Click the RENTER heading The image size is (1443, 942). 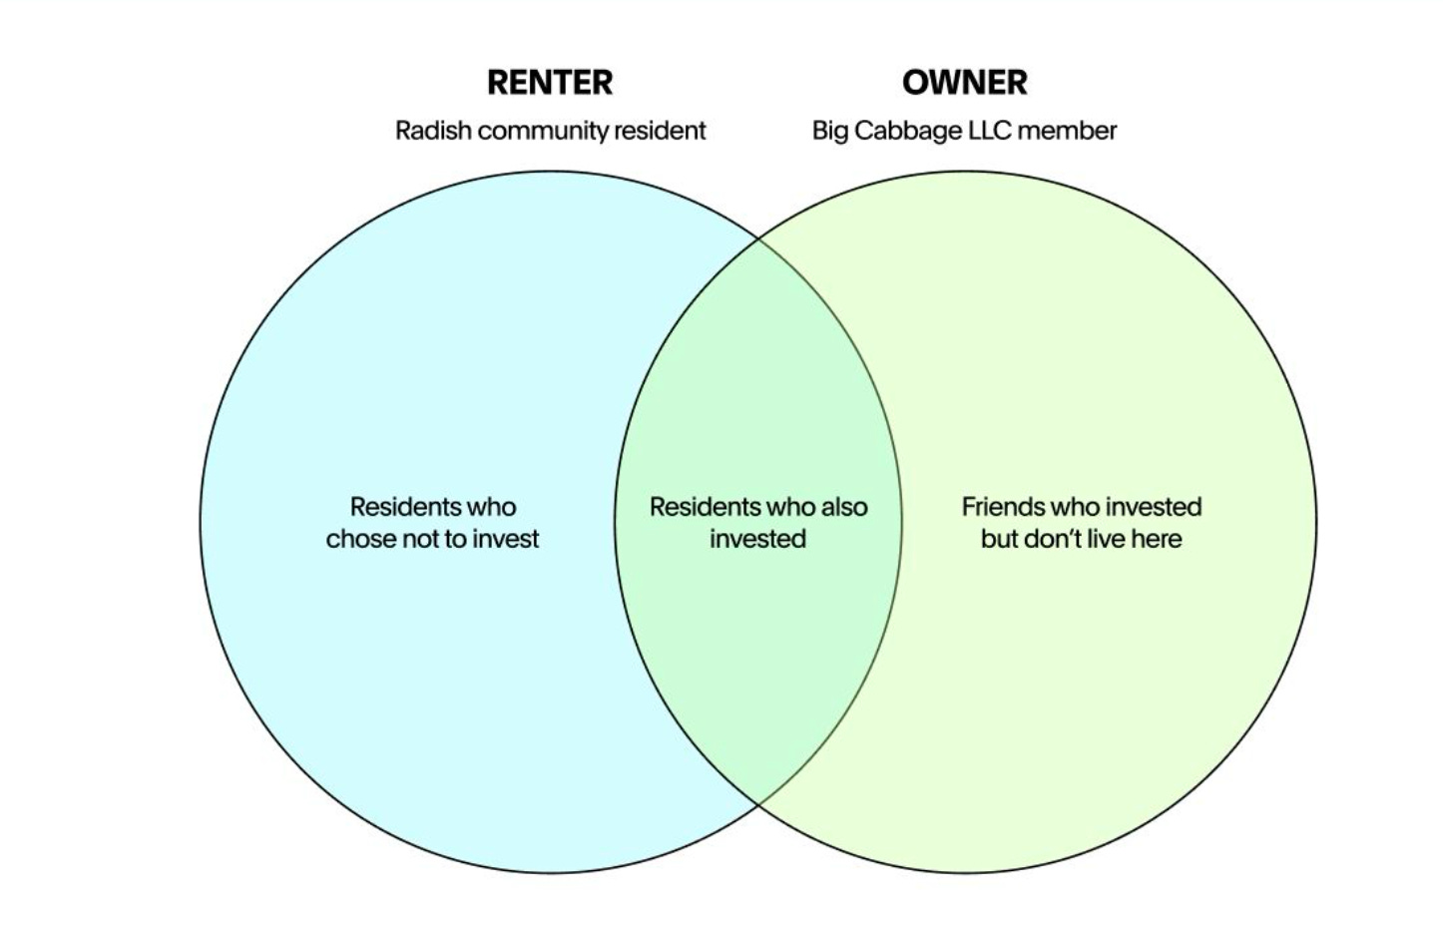(x=550, y=82)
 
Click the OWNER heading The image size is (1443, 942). (x=964, y=82)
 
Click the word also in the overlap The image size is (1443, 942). (x=843, y=507)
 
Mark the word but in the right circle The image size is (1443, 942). (x=999, y=539)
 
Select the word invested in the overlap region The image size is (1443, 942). (x=757, y=539)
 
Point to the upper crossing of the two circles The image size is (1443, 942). (x=758, y=239)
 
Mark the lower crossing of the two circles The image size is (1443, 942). (x=758, y=803)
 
